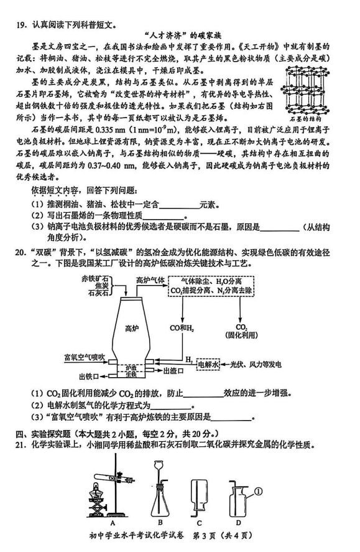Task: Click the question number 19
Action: tap(21, 25)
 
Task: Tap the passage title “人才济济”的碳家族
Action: tap(183, 35)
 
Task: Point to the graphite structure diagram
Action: tap(305, 90)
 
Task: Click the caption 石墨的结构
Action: tap(305, 119)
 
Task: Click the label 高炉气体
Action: tap(150, 280)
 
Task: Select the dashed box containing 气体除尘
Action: tap(211, 286)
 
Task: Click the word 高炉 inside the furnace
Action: tap(132, 329)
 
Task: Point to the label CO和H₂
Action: tap(182, 328)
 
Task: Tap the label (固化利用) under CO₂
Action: tap(241, 335)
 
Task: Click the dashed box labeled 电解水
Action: tap(208, 364)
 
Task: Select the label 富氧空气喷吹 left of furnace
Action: tap(85, 357)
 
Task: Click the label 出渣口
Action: tap(173, 371)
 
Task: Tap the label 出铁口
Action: tap(89, 377)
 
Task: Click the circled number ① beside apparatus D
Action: tap(258, 491)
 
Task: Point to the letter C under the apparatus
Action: tap(200, 523)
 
